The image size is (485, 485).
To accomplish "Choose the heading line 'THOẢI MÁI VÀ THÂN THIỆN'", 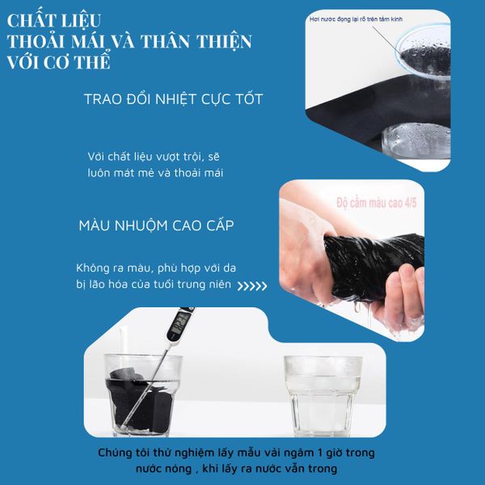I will [128, 41].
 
